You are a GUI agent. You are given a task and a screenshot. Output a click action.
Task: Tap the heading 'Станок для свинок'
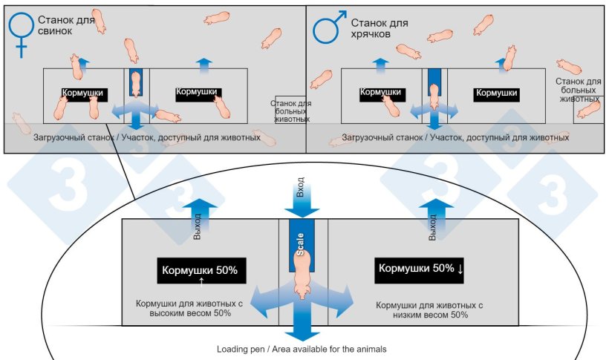pos(66,25)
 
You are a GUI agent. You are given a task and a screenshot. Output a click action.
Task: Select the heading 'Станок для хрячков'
pos(380,28)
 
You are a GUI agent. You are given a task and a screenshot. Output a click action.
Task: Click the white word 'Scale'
pos(300,244)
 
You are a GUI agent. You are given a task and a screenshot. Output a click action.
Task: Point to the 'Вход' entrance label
pos(300,187)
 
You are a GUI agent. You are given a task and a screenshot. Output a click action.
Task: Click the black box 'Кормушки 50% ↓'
pos(419,270)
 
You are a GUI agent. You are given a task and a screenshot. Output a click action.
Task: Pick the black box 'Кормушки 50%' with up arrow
pos(201,271)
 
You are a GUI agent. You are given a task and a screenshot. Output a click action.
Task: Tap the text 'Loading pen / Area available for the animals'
pos(302,349)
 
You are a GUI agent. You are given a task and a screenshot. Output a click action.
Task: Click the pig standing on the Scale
pos(303,275)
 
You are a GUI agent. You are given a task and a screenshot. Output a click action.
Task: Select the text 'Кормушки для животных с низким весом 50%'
pos(429,310)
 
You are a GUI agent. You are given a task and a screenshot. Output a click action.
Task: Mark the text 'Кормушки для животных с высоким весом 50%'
pos(189,308)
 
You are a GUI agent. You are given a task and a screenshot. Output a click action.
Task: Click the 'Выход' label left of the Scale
pos(197,226)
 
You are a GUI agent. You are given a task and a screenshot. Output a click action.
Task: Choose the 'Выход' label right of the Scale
pos(432,227)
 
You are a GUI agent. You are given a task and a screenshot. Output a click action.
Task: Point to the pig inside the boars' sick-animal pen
pos(589,110)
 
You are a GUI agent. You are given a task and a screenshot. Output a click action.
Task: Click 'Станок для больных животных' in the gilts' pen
pos(290,111)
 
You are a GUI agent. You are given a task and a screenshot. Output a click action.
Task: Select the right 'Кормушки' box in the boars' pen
pos(496,94)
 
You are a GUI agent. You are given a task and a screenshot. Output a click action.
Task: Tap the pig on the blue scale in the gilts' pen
pos(135,84)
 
